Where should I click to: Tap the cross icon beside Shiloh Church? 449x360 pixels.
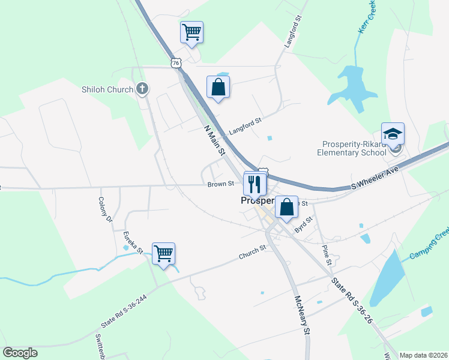142,89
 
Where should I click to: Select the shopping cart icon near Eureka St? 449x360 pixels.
163,254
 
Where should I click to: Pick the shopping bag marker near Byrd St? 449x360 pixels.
286,208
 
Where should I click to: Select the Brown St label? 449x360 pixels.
220,185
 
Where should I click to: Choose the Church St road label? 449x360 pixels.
252,253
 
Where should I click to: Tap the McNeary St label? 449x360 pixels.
302,314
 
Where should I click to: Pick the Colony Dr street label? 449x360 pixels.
106,209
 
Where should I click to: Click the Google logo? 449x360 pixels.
20,353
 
